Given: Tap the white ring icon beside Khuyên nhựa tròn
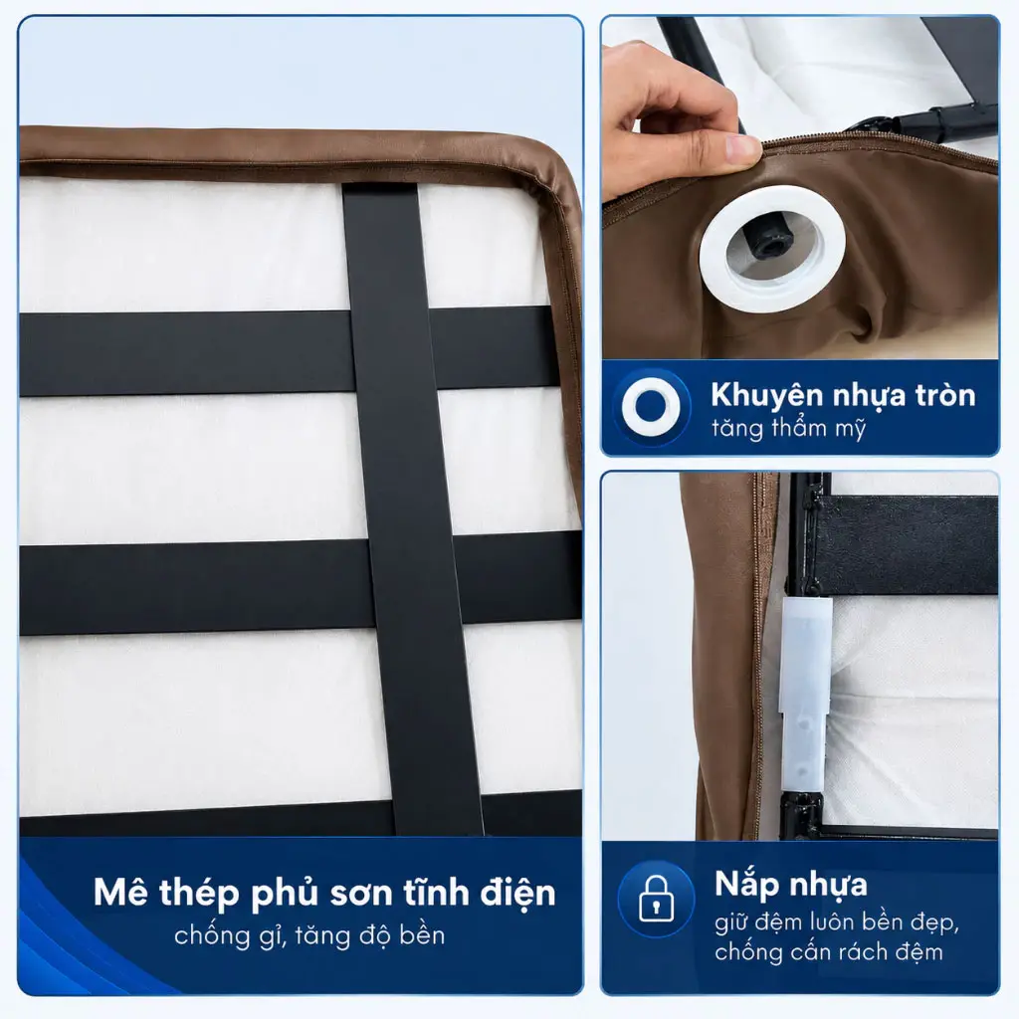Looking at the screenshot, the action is coord(651,407).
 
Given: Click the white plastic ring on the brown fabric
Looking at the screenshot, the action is coord(772,249).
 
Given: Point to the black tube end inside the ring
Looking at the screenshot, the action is coord(767,241).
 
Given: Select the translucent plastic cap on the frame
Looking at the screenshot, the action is coord(806,693).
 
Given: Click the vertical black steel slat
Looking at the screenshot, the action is coord(412,509).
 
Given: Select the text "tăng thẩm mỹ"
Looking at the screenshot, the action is coord(788,429).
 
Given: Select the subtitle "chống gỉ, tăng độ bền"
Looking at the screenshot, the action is coord(309,935).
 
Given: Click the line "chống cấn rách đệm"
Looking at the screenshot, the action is coord(829,952).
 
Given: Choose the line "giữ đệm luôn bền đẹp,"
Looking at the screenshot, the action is coord(837,922).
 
